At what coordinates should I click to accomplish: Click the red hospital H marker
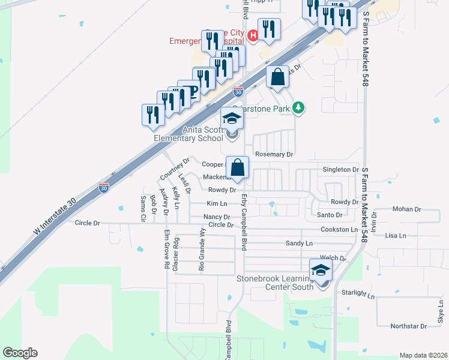point(253,36)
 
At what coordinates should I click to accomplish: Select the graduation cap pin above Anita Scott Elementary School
point(232,119)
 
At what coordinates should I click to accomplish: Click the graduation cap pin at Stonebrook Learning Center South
point(321,270)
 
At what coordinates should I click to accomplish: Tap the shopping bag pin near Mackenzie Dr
point(238,168)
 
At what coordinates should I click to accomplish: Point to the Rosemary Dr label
point(274,154)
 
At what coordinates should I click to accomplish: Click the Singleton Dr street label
point(340,170)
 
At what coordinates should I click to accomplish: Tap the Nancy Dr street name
point(217,217)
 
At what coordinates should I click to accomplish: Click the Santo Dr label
point(330,215)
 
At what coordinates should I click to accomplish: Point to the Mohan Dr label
point(406,209)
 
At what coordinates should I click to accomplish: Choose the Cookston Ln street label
point(339,229)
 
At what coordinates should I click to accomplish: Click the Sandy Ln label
point(299,244)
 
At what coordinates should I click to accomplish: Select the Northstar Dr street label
point(408,326)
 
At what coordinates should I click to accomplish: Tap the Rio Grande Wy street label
point(202,247)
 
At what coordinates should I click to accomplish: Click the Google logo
point(20,353)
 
